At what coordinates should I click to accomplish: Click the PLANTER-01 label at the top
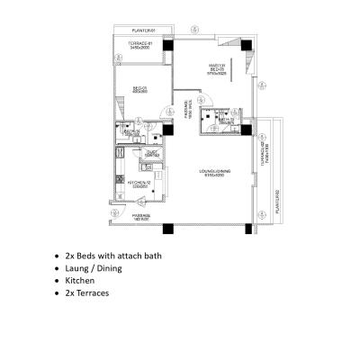139,30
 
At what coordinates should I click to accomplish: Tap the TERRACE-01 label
139,46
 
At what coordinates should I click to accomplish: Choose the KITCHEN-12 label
138,184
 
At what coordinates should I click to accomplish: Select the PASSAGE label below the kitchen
141,217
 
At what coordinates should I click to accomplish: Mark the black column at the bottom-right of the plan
247,228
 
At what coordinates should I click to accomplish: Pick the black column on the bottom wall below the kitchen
166,228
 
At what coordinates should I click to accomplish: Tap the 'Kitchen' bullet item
79,281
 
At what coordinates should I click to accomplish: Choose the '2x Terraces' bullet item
87,292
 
